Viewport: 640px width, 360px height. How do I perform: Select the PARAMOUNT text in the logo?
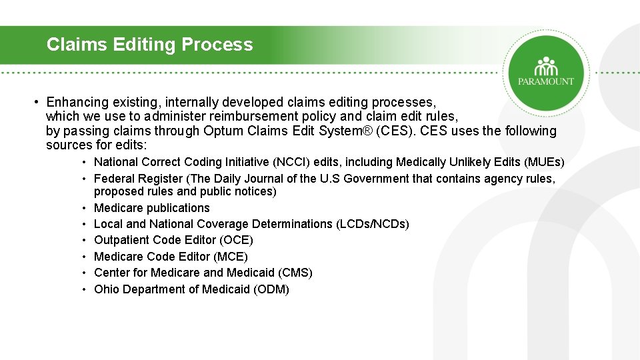(546, 81)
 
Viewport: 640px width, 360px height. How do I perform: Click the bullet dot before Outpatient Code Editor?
(85, 240)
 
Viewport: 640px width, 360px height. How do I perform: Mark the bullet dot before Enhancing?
(38, 102)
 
